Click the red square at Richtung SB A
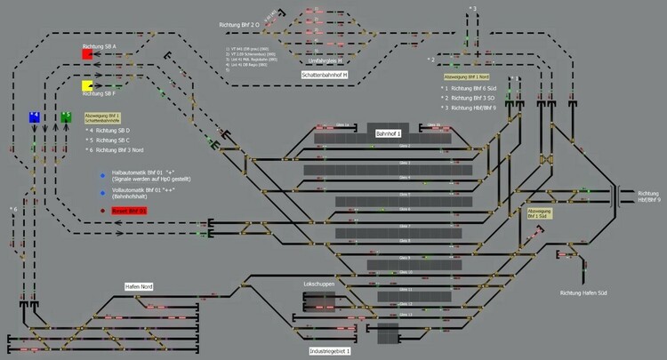(88, 54)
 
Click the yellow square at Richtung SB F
(88, 85)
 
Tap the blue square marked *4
(35, 117)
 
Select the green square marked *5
(66, 116)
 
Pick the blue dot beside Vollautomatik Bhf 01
(102, 190)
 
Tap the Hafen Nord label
(139, 285)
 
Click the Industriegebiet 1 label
(329, 352)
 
